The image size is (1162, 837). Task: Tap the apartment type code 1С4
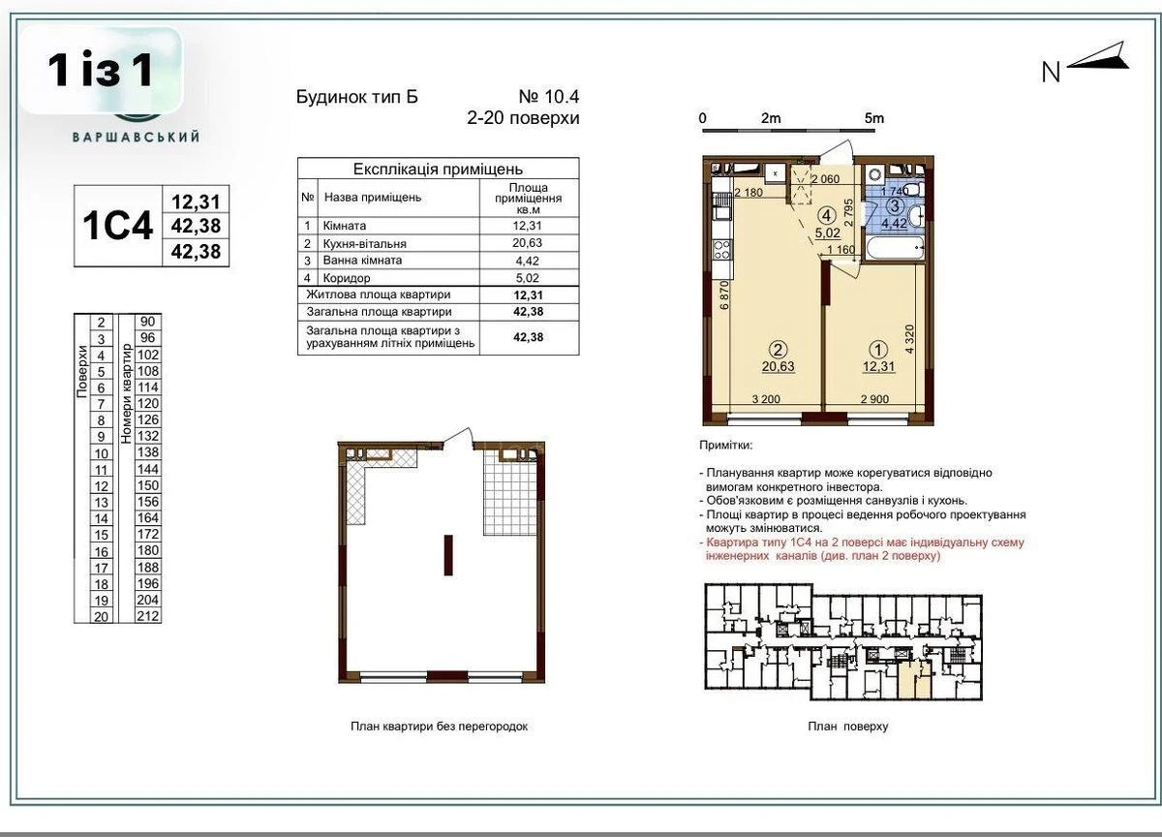pyautogui.click(x=119, y=226)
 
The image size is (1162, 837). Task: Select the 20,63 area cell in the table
pyautogui.click(x=528, y=243)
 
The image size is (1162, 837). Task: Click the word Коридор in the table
pyautogui.click(x=346, y=278)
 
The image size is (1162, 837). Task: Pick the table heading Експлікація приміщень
pyautogui.click(x=438, y=168)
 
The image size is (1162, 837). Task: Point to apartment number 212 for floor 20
pyautogui.click(x=148, y=615)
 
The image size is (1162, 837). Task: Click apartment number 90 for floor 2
pyautogui.click(x=148, y=322)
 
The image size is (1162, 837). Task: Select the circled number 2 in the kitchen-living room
pyautogui.click(x=776, y=349)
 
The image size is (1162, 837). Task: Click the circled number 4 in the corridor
pyautogui.click(x=826, y=215)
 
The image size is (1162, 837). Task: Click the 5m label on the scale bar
pyautogui.click(x=874, y=118)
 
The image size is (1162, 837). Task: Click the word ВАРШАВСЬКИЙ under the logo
pyautogui.click(x=136, y=137)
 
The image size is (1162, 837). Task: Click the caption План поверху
pyautogui.click(x=847, y=726)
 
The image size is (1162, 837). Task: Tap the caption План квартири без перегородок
pyautogui.click(x=439, y=726)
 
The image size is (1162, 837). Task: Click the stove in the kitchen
pyautogui.click(x=721, y=250)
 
